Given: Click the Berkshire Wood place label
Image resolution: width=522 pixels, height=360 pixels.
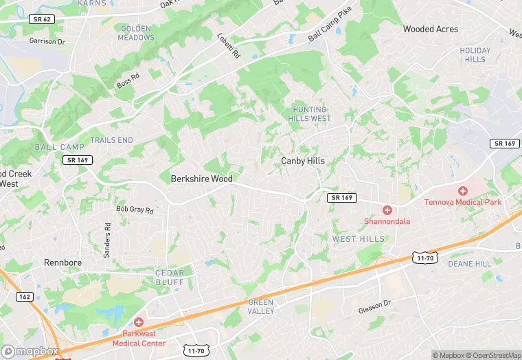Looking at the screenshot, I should click(x=201, y=179).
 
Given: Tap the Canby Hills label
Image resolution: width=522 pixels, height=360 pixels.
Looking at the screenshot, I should click(x=303, y=161).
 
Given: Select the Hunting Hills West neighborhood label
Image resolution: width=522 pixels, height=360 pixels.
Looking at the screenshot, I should click(x=311, y=113).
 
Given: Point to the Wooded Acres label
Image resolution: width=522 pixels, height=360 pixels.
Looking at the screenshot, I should click(x=431, y=29).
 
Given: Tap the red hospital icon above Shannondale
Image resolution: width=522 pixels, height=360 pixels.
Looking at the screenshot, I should click(x=387, y=210).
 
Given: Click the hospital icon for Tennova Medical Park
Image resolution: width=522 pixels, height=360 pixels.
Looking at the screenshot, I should click(x=463, y=190).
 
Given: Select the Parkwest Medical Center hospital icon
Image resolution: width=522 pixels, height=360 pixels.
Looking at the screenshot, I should click(x=139, y=322).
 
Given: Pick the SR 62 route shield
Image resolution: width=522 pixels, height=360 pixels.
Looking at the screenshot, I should click(x=43, y=19).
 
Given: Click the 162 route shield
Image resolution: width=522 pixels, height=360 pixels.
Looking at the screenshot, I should click(x=24, y=296).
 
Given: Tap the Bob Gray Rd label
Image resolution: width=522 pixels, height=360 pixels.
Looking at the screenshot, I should click(x=135, y=209).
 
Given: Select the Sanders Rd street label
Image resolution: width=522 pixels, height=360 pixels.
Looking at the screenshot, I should click(x=107, y=240).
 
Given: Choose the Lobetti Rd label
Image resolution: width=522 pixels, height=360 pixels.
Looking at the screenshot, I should click(x=229, y=45).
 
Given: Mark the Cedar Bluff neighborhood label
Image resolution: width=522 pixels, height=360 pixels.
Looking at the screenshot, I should click(x=170, y=277).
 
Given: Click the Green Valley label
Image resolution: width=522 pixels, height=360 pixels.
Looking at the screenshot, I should click(x=261, y=306).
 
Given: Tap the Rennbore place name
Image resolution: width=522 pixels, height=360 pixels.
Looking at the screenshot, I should click(x=63, y=262).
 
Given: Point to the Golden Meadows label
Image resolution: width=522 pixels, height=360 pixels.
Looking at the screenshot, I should click(x=137, y=32).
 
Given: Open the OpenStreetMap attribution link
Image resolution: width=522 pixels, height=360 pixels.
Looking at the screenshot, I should click(x=492, y=355).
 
